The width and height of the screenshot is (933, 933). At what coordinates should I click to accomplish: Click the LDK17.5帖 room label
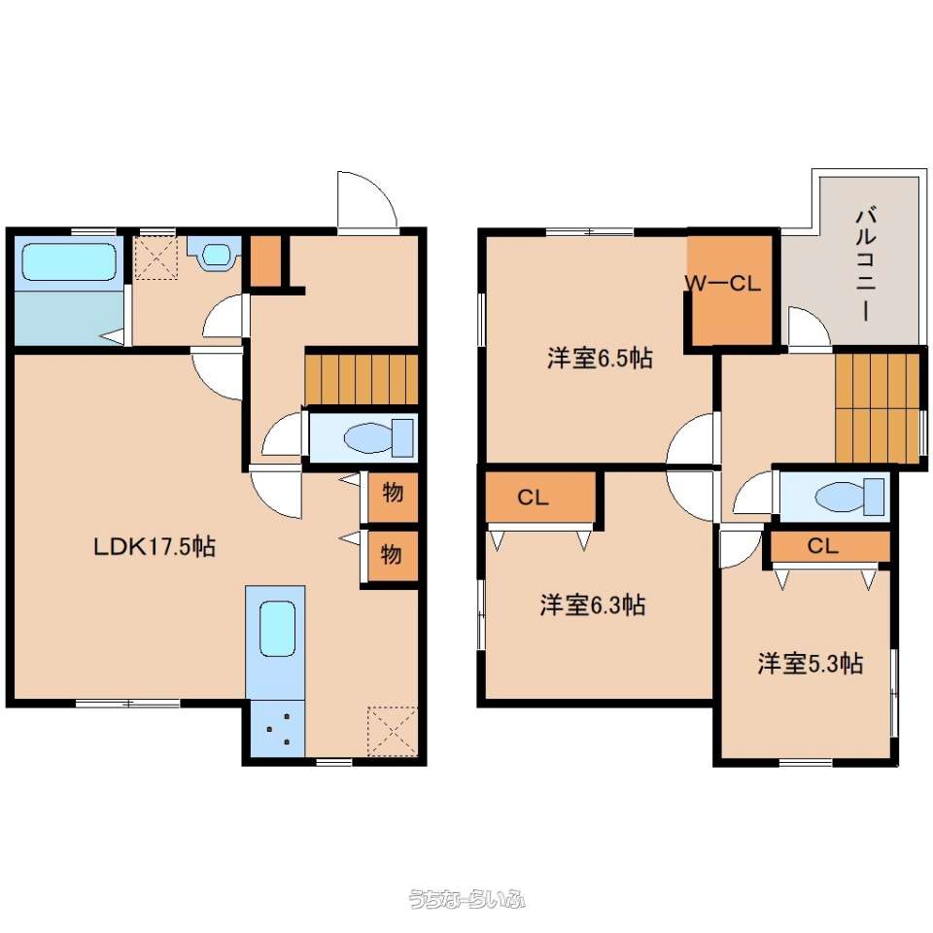pos(155,546)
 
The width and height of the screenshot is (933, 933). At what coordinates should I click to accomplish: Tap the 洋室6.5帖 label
pos(600,359)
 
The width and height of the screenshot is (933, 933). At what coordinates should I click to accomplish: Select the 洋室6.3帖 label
pos(592,605)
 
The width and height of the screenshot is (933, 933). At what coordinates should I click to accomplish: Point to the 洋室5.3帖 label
pos(811,664)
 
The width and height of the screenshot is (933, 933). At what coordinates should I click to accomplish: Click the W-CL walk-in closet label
pos(722,283)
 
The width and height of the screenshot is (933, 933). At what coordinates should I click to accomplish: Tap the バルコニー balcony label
pos(866,263)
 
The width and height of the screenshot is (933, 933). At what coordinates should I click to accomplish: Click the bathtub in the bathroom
pos(69,260)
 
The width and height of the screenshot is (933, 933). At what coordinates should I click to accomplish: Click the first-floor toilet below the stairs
pos(379,438)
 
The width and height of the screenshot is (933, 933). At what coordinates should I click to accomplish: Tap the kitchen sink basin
pos(277,630)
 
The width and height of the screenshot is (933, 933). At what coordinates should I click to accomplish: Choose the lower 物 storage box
pos(393,556)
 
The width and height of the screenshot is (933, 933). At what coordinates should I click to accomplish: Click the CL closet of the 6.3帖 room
pos(540,497)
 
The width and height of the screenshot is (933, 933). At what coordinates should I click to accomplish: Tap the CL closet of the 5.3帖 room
pos(830,546)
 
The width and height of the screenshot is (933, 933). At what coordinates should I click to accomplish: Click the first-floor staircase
pos(362,379)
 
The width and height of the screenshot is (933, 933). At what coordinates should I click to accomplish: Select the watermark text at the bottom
pos(466,898)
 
